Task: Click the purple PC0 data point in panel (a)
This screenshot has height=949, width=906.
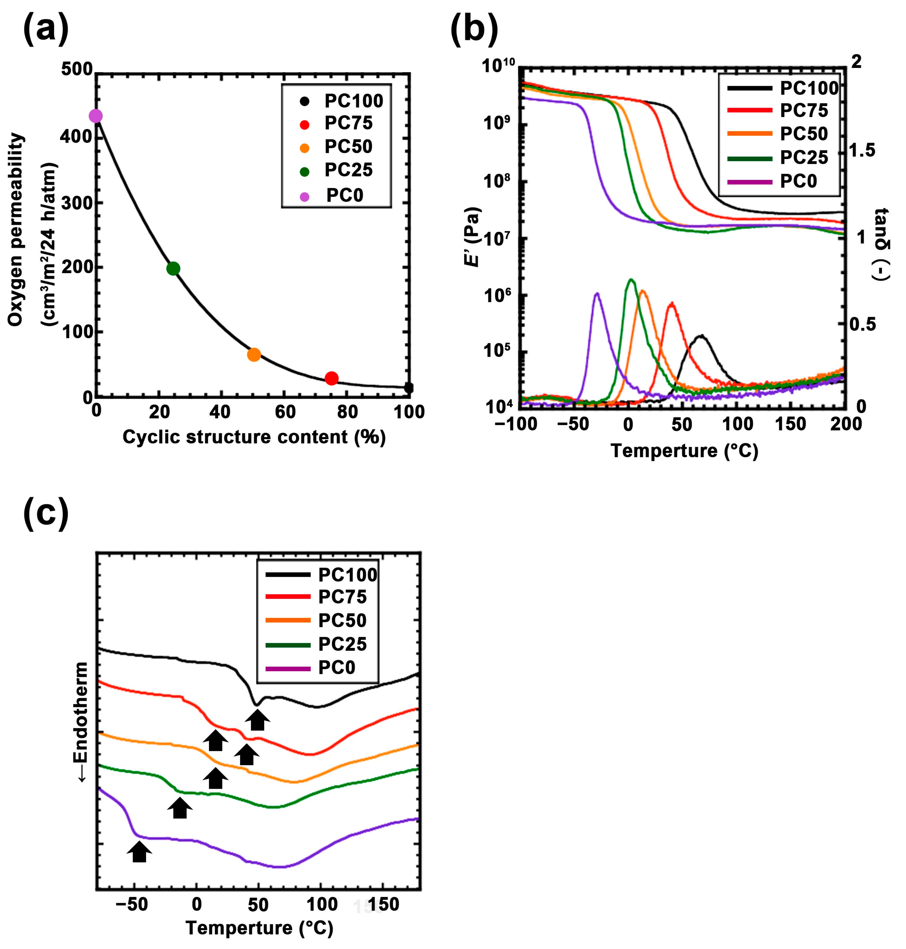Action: point(96,116)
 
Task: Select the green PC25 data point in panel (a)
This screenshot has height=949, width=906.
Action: point(173,268)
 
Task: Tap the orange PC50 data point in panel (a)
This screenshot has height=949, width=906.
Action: point(254,355)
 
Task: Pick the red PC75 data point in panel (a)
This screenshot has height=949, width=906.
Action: point(331,378)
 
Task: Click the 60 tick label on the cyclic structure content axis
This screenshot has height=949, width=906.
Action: point(285,412)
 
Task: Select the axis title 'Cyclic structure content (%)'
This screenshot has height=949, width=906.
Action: point(254,437)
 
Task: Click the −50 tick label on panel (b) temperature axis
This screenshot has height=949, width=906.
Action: point(573,424)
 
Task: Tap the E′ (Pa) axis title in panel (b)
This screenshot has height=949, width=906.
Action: point(472,237)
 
